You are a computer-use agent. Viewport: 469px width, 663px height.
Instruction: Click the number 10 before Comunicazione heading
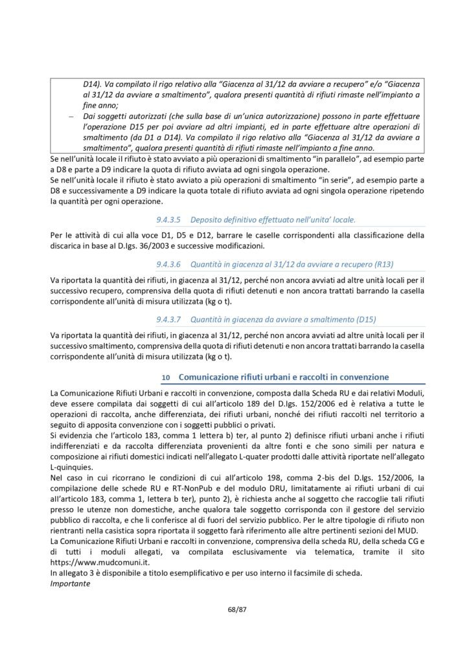166,376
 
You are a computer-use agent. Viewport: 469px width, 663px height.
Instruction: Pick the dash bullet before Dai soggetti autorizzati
72,116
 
